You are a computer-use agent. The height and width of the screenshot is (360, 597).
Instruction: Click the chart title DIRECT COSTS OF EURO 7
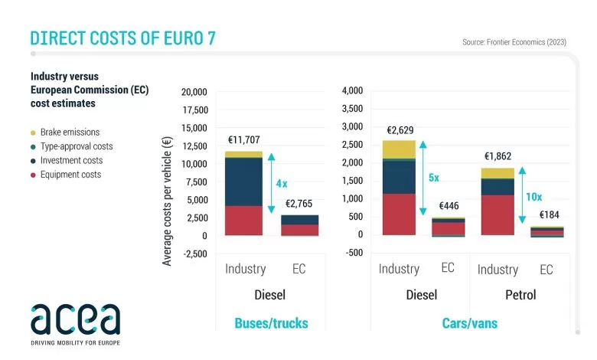[x=122, y=38]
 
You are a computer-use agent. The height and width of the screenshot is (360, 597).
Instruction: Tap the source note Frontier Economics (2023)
[x=515, y=42]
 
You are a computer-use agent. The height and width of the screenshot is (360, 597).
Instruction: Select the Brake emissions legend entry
[x=65, y=133]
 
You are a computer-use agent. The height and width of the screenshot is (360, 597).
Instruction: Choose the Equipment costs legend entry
[x=68, y=175]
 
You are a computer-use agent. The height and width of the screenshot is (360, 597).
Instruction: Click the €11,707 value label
[x=246, y=141]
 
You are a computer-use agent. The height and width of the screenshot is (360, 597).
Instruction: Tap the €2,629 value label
[x=400, y=130]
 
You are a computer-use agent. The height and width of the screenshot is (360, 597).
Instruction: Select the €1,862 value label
[x=497, y=156]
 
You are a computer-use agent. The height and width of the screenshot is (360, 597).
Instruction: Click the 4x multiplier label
[x=282, y=184]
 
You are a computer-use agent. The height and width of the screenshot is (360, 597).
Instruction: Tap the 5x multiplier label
[x=433, y=177]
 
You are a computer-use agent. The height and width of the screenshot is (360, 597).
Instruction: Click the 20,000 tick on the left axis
[x=194, y=92]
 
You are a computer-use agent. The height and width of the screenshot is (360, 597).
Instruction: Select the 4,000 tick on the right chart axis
[x=352, y=90]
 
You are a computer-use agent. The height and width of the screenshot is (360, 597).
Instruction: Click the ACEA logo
[x=75, y=319]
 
